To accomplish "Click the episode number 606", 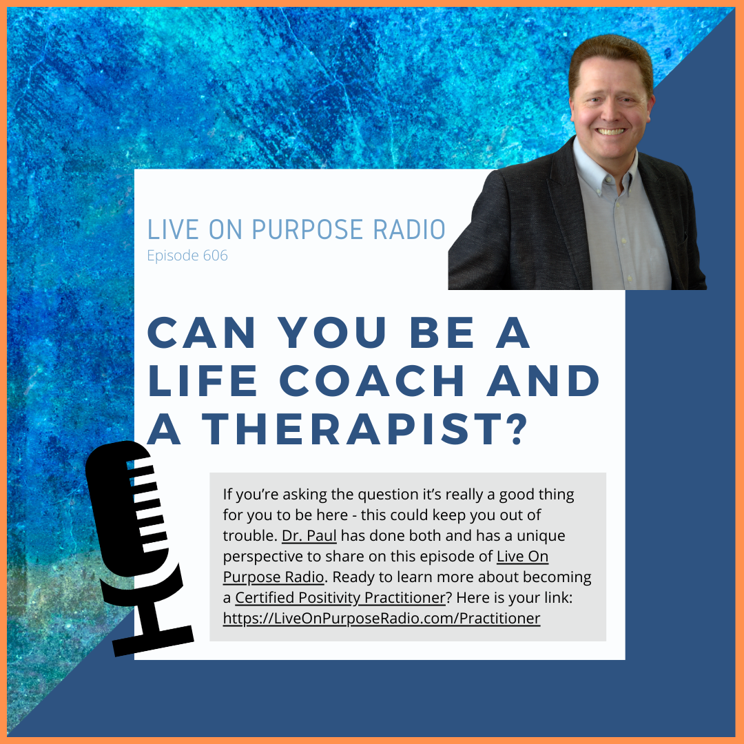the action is tap(215, 256).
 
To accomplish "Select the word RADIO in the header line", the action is tap(409, 229).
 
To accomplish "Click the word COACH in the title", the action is tap(371, 380).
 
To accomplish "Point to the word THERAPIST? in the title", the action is tap(364, 429).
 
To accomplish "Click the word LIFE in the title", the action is tap(202, 380).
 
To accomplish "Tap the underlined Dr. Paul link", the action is tap(309, 536).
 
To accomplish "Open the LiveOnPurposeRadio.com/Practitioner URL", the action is tap(382, 618).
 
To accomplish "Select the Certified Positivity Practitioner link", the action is tap(340, 598).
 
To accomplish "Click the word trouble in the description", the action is tap(249, 536).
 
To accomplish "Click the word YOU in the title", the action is tap(331, 333).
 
